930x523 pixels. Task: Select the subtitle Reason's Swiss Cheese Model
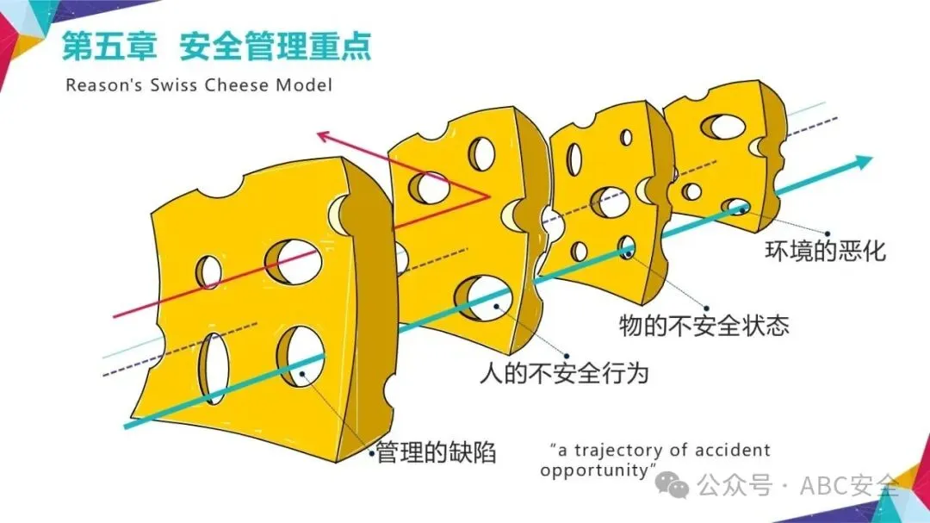198,85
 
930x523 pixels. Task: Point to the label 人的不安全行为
563,373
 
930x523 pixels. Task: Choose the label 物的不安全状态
704,325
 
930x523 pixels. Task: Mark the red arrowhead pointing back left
325,135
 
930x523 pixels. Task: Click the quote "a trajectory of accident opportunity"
654,459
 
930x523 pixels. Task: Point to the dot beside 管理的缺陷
371,451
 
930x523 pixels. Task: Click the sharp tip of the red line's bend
488,197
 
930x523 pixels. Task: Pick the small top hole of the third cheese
626,137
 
